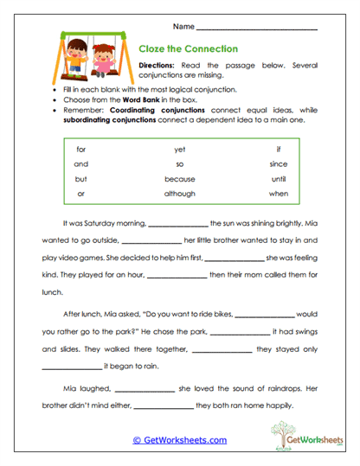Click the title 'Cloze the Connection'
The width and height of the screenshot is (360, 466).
pyautogui.click(x=189, y=49)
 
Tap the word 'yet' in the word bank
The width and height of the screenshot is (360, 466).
pyautogui.click(x=180, y=149)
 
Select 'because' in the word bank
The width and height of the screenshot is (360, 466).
pyautogui.click(x=180, y=179)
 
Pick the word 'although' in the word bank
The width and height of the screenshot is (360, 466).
pyautogui.click(x=180, y=194)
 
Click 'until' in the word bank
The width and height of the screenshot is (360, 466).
pyautogui.click(x=278, y=179)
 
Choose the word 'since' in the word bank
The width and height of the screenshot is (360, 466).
pyautogui.click(x=278, y=163)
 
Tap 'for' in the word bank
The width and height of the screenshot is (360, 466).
pyautogui.click(x=81, y=149)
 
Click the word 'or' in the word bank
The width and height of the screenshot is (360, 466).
pyautogui.click(x=81, y=194)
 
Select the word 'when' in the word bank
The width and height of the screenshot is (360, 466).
pyautogui.click(x=278, y=194)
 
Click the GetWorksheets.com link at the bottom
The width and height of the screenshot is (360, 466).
pyautogui.click(x=179, y=440)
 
